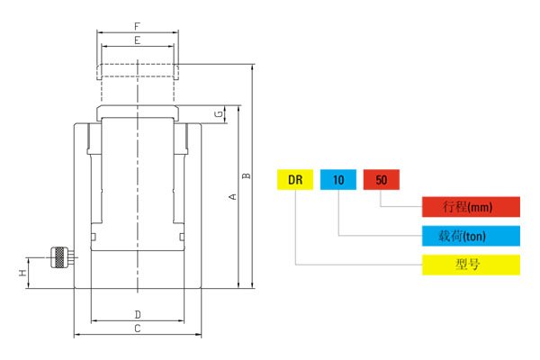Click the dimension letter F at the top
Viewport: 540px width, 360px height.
click(137, 26)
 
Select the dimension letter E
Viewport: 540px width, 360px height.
click(137, 40)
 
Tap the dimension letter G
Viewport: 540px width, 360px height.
click(218, 115)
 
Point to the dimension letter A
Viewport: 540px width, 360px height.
click(231, 197)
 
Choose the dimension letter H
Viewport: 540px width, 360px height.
click(22, 272)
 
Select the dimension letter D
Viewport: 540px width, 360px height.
click(137, 314)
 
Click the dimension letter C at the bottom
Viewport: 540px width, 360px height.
click(137, 328)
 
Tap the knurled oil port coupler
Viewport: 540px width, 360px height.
click(59, 257)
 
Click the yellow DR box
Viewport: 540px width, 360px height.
click(294, 180)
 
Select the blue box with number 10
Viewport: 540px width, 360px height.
click(338, 180)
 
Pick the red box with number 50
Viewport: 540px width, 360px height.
click(381, 180)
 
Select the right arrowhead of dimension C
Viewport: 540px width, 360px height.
click(199, 336)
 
